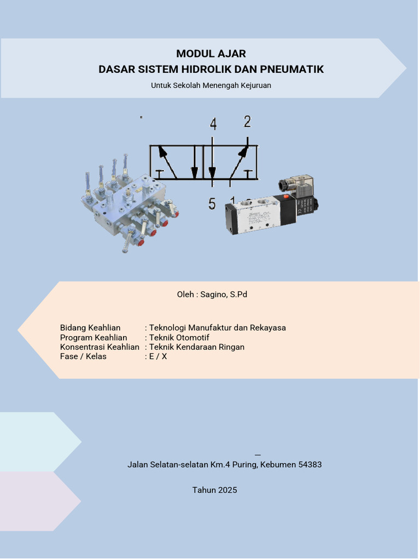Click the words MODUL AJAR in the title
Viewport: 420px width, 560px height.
(211, 54)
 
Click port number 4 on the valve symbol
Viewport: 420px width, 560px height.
(213, 124)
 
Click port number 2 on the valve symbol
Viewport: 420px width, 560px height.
(247, 121)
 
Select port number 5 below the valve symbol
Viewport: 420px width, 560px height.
(212, 204)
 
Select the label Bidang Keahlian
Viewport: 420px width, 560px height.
(90, 328)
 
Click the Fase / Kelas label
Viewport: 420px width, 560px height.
(83, 357)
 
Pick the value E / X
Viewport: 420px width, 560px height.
(158, 357)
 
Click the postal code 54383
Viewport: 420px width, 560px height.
(310, 465)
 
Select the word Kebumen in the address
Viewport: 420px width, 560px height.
(278, 465)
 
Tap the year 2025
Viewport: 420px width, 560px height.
(227, 490)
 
